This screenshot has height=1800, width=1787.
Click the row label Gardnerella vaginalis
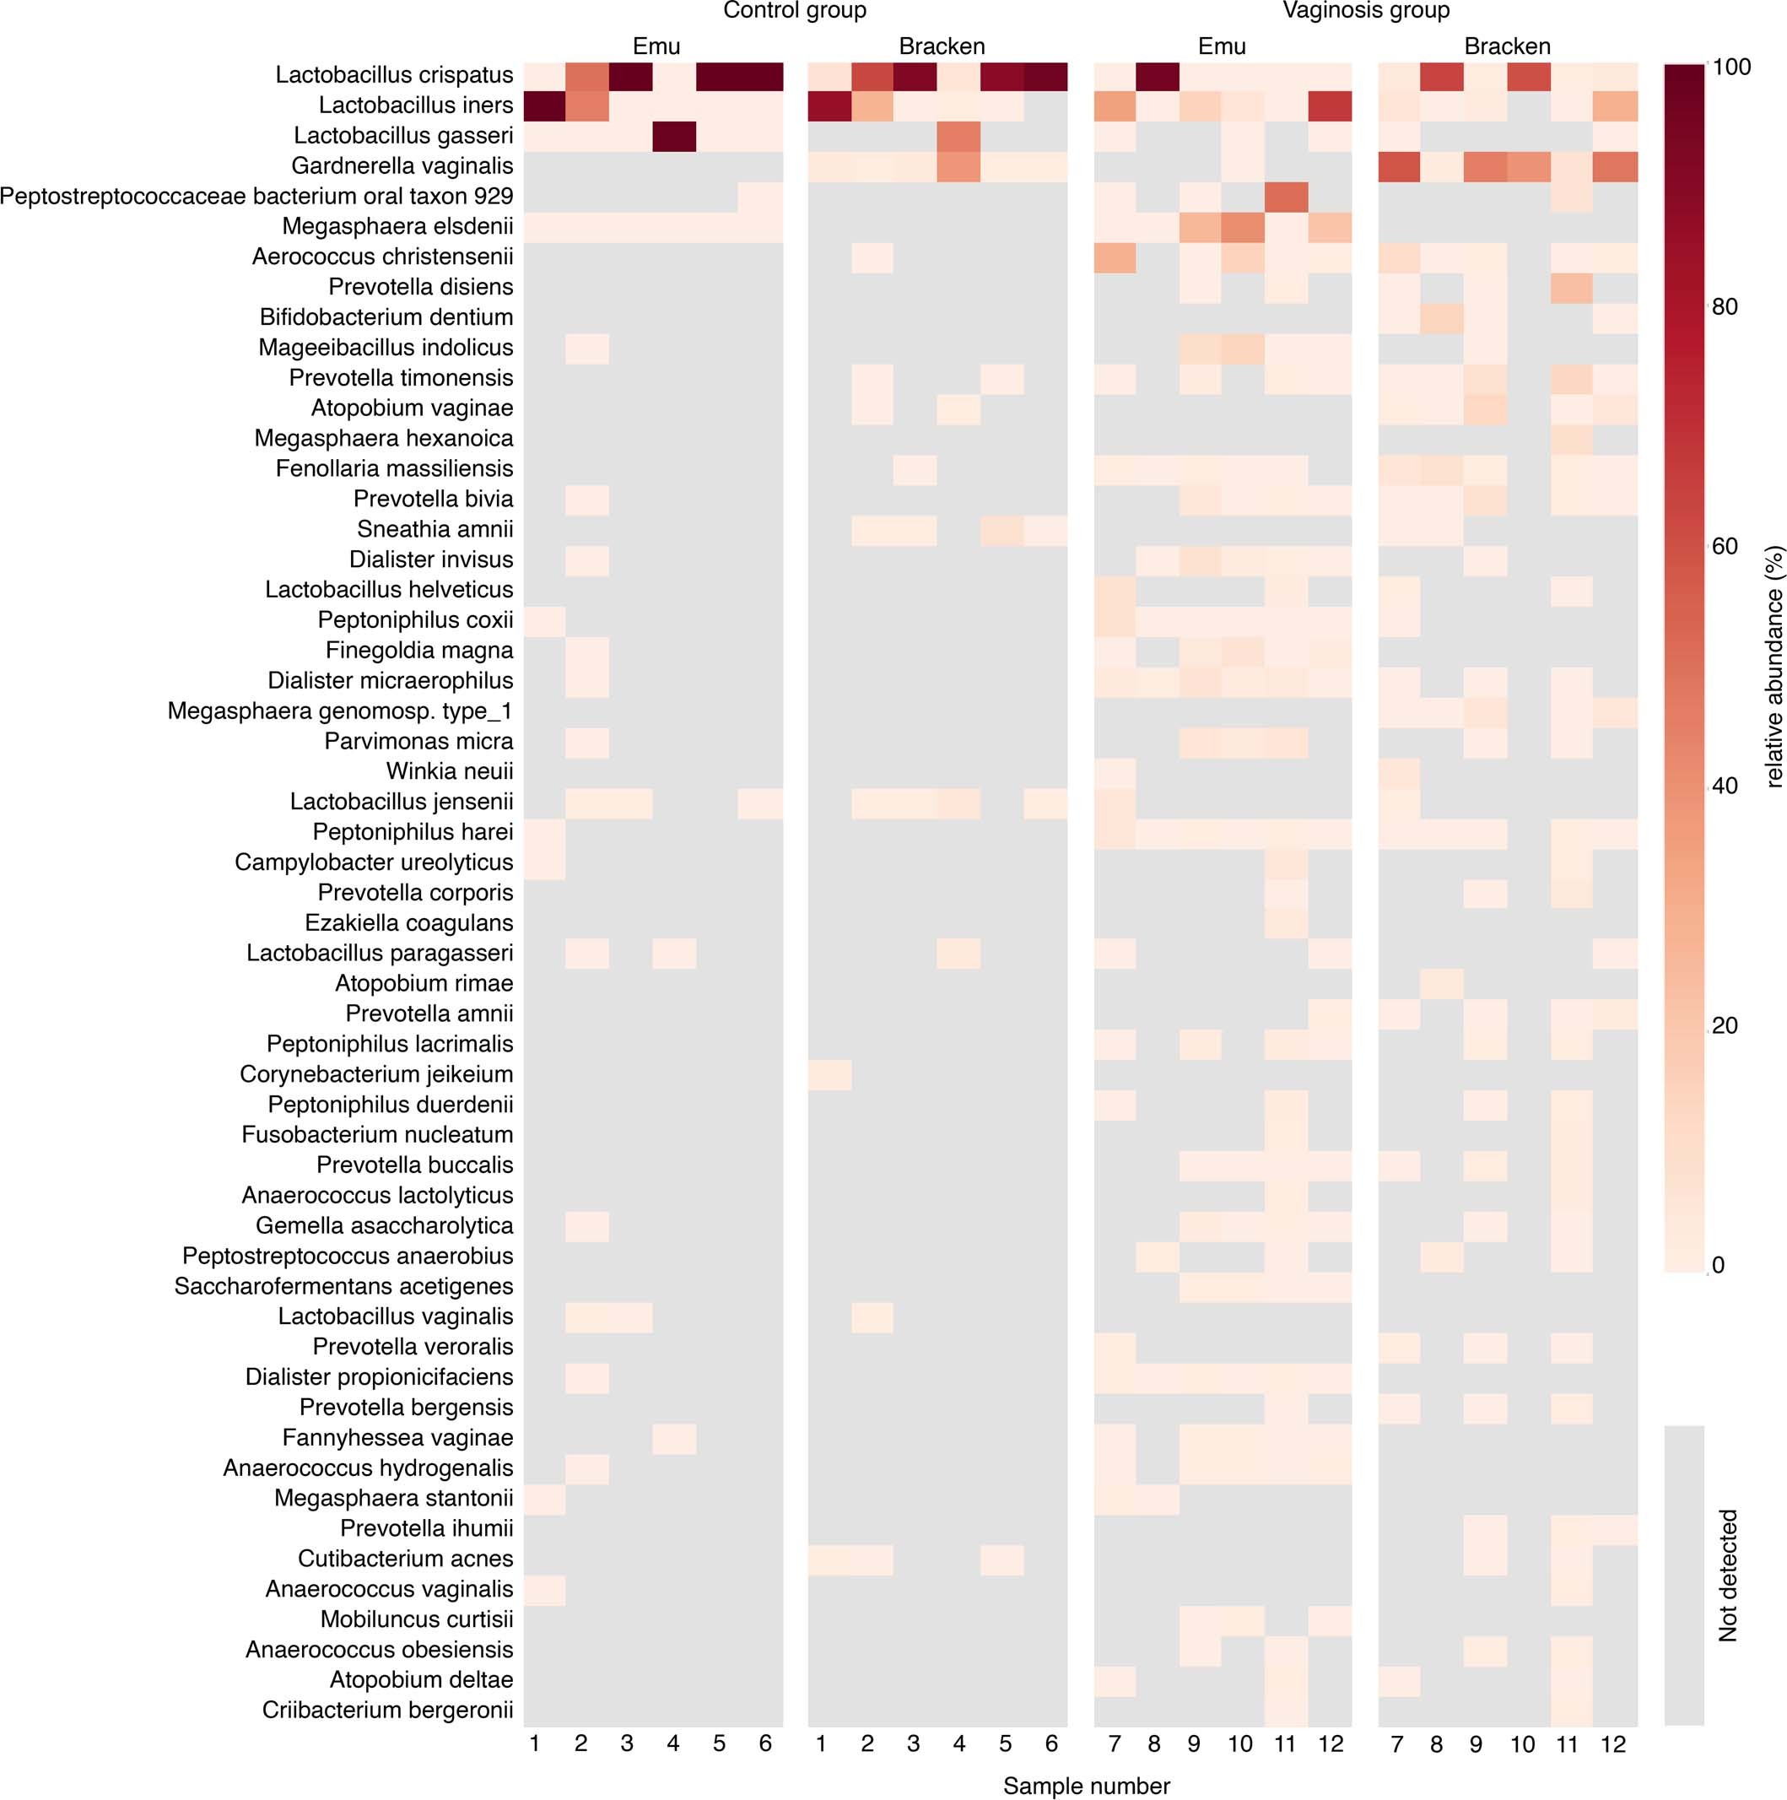(402, 166)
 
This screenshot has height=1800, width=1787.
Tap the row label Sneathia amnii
(435, 529)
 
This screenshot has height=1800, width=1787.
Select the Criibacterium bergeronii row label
(387, 1710)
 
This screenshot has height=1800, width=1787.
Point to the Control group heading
(794, 11)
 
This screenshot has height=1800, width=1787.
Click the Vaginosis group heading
(1365, 11)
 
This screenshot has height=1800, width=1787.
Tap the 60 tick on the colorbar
(1725, 546)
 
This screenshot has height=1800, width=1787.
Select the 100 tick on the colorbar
(1730, 67)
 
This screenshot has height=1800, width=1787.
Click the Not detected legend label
(1728, 1575)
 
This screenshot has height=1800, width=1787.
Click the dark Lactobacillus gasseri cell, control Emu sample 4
(673, 136)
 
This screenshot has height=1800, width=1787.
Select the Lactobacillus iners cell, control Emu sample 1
(544, 105)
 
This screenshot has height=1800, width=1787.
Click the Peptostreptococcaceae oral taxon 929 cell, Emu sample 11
(1286, 197)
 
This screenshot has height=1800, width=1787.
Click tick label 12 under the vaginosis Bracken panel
(1613, 1744)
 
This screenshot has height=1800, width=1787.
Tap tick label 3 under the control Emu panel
(627, 1743)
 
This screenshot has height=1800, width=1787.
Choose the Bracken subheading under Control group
(941, 46)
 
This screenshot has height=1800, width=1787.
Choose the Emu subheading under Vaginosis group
(1221, 46)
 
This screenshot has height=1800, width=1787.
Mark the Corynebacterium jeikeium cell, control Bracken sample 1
(829, 1074)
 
